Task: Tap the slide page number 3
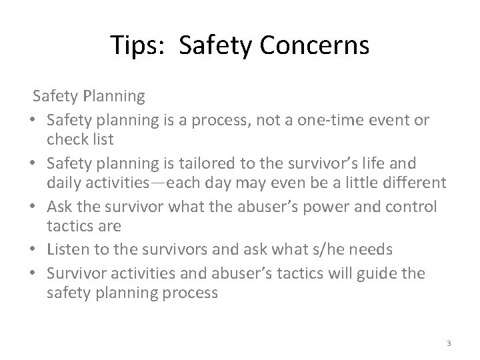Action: (x=449, y=343)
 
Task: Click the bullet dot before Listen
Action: (x=33, y=249)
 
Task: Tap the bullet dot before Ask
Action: (x=33, y=207)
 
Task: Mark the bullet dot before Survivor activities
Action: (x=33, y=272)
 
